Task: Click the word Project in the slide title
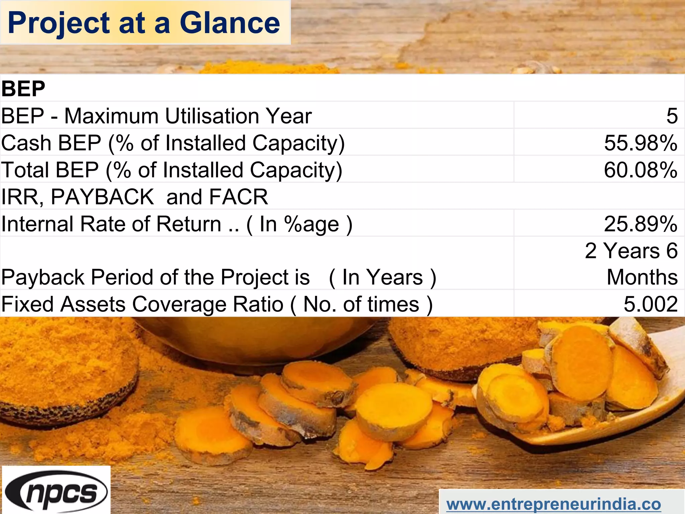pos(59,23)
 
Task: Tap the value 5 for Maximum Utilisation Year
pos(672,116)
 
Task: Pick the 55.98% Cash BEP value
pos(641,143)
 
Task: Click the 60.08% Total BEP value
pos(641,170)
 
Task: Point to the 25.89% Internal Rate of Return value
pos(641,224)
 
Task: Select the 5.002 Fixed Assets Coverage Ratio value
pos(650,304)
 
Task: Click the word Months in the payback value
pos(642,277)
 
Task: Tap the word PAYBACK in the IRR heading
pos(102,197)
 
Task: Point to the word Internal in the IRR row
pos(37,224)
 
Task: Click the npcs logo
pos(56,491)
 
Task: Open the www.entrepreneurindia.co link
pos(554,504)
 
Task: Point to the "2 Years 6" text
pos(631,251)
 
